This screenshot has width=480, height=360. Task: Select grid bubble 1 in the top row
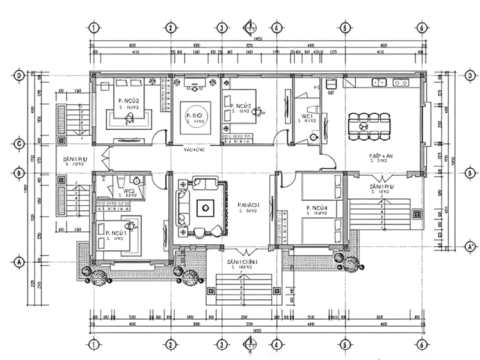[x=94, y=27]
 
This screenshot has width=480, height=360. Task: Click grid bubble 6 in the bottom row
[x=422, y=345]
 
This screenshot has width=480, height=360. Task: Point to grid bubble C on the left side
[x=20, y=143]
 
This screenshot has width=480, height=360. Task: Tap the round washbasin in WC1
[x=314, y=136]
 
